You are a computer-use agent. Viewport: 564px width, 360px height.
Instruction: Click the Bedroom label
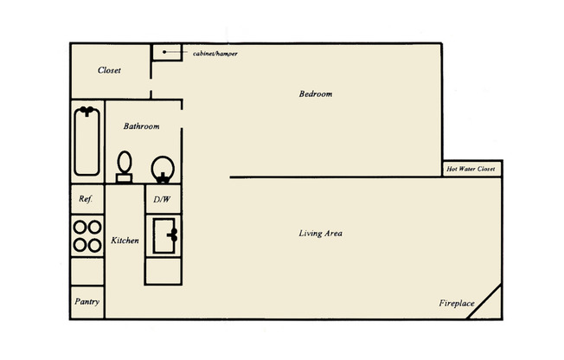point(316,93)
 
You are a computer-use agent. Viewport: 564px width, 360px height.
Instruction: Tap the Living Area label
point(320,234)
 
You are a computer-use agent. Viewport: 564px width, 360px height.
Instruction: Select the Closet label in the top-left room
point(109,70)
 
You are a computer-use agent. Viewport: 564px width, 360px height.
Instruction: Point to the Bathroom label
point(141,126)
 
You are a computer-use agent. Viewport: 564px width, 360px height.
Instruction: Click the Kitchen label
point(125,240)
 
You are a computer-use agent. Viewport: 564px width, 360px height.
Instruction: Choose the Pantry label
point(87,302)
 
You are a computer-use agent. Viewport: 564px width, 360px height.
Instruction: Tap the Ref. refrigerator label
point(86,199)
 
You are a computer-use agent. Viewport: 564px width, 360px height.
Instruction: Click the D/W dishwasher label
point(162,199)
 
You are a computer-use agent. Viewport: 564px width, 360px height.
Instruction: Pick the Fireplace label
point(456,304)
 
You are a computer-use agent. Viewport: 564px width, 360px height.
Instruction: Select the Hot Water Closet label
point(471,170)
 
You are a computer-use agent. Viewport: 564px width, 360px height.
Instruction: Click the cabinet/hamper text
point(215,54)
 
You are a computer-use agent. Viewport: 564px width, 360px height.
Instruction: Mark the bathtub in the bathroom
point(87,141)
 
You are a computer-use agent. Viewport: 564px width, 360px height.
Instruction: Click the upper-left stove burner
point(80,228)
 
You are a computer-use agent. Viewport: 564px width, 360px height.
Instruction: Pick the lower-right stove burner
point(94,244)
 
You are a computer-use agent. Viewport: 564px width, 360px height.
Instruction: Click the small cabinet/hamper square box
point(165,52)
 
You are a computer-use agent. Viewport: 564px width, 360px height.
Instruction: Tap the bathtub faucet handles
point(87,111)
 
